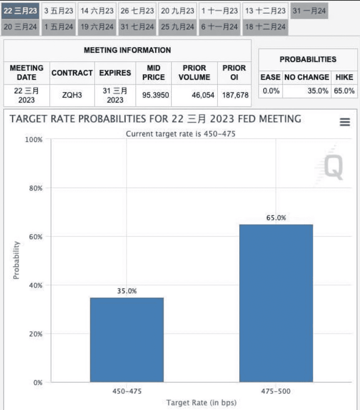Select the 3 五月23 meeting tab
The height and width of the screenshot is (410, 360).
click(59, 11)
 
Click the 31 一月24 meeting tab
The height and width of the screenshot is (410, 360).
click(309, 11)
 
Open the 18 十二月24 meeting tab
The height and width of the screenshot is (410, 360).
click(265, 27)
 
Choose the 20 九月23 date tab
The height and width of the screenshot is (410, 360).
click(178, 11)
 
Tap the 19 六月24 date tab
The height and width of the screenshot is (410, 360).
click(97, 27)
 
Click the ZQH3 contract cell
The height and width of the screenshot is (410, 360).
click(72, 95)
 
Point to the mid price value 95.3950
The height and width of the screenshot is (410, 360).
click(155, 95)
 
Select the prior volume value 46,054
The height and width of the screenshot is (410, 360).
click(203, 95)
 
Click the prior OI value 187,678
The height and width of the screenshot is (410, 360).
click(235, 95)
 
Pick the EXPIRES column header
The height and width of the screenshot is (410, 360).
click(115, 73)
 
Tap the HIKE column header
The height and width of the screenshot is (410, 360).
click(344, 77)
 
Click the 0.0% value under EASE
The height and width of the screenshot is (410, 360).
click(271, 91)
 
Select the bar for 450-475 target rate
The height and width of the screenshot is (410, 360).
click(127, 340)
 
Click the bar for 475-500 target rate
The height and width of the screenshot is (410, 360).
click(276, 303)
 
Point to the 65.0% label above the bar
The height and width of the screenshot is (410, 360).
click(276, 218)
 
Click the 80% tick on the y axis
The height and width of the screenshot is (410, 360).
click(36, 188)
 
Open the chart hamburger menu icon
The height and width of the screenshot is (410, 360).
click(345, 122)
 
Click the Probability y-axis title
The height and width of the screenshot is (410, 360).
click(16, 260)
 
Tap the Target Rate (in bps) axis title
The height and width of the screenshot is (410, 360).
click(201, 403)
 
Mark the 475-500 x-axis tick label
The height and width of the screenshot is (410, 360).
click(276, 391)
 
